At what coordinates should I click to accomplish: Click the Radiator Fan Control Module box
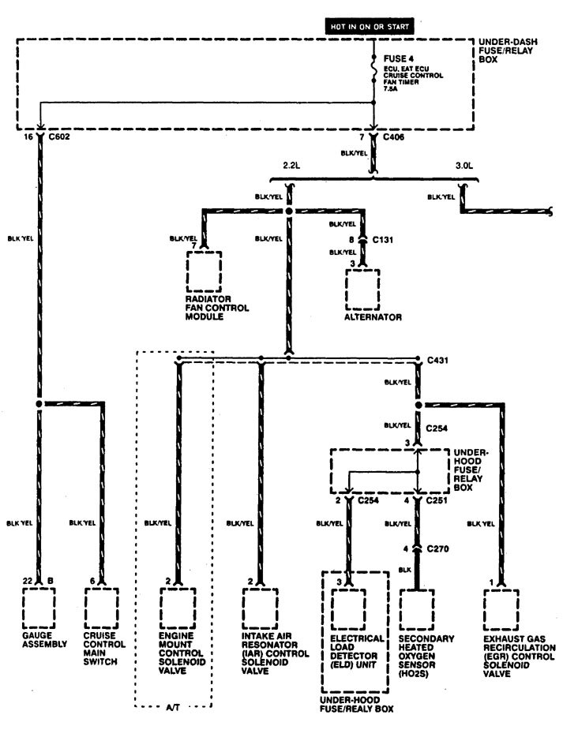(204, 271)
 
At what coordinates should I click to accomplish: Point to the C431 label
(438, 360)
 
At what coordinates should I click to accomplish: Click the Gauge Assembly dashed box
(38, 607)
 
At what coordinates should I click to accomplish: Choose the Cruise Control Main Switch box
(100, 607)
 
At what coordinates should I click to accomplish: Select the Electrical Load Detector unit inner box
(348, 607)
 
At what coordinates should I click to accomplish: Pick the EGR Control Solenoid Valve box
(501, 607)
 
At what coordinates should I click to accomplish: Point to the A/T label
(174, 708)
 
